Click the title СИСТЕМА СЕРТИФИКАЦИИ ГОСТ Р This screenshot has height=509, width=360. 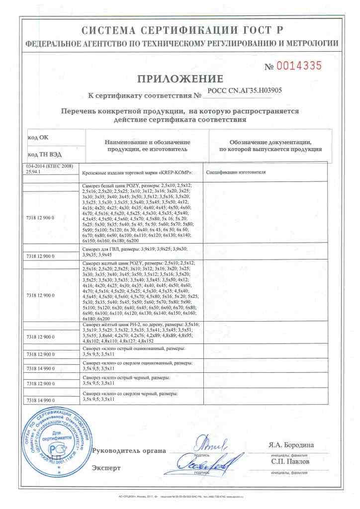[180, 29]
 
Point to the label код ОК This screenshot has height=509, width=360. [38, 137]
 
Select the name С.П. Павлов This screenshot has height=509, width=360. [291, 462]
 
